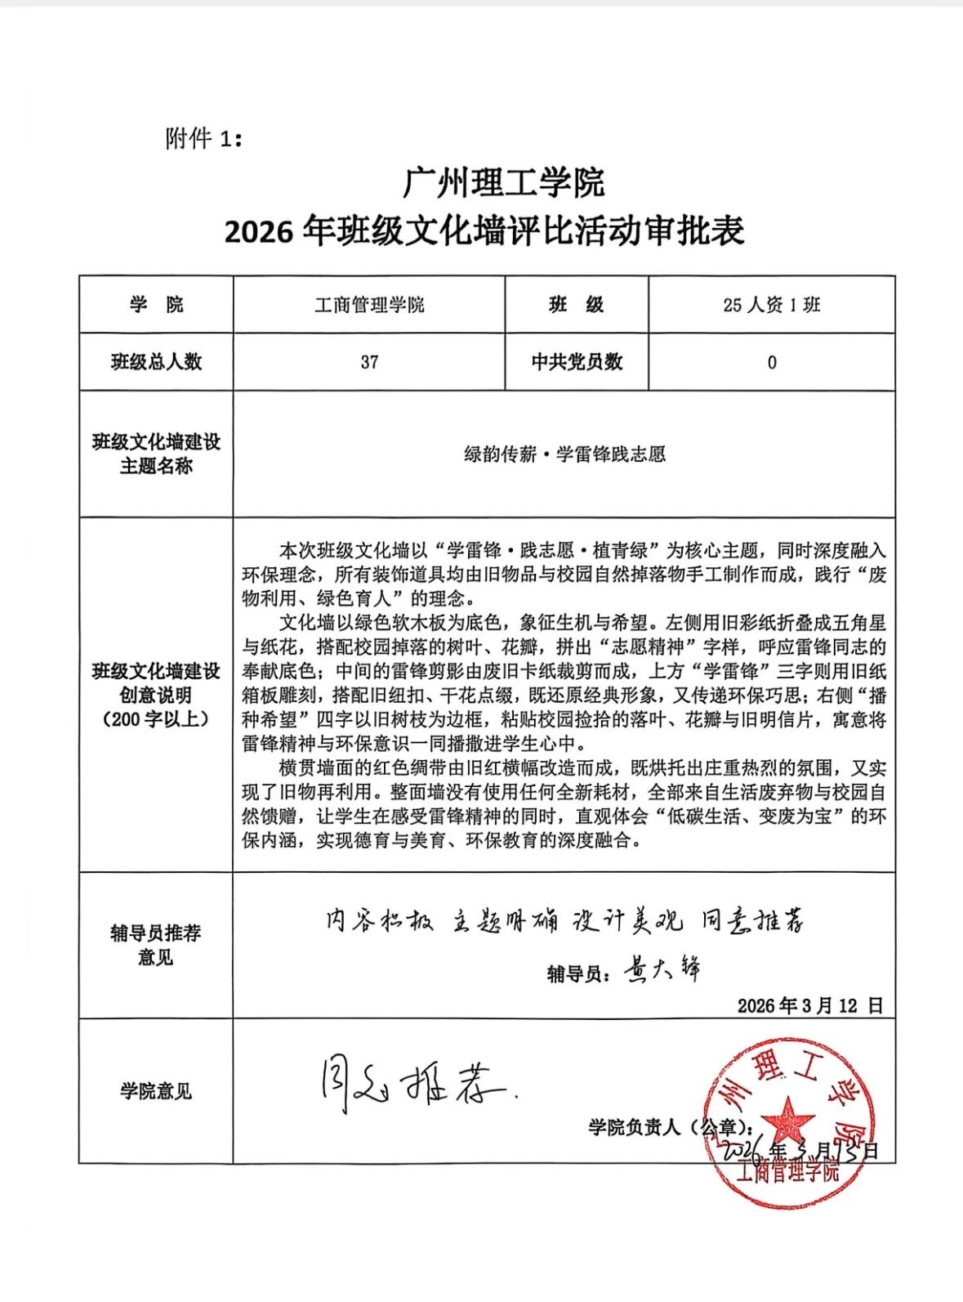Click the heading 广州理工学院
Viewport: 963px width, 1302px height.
503,181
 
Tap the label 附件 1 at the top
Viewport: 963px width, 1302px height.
203,139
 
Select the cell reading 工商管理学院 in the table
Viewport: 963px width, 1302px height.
369,305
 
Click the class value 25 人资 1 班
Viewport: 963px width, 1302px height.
771,305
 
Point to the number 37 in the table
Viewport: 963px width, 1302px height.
369,362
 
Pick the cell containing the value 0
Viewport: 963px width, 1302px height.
772,362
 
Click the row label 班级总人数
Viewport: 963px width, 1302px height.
156,362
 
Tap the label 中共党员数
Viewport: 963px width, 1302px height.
577,362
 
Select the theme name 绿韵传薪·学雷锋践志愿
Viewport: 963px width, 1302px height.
564,454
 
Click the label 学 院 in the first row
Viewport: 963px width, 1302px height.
156,305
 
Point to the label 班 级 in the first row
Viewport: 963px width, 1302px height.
577,305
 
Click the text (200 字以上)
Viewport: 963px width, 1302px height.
156,719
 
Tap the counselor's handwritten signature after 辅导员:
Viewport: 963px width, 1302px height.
662,970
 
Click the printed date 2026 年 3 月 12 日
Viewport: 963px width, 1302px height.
809,1005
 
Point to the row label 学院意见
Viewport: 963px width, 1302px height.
156,1091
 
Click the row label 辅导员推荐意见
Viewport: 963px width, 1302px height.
156,945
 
